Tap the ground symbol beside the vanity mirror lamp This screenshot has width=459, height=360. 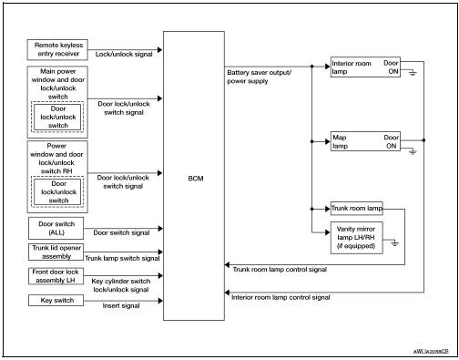coord(394,243)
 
